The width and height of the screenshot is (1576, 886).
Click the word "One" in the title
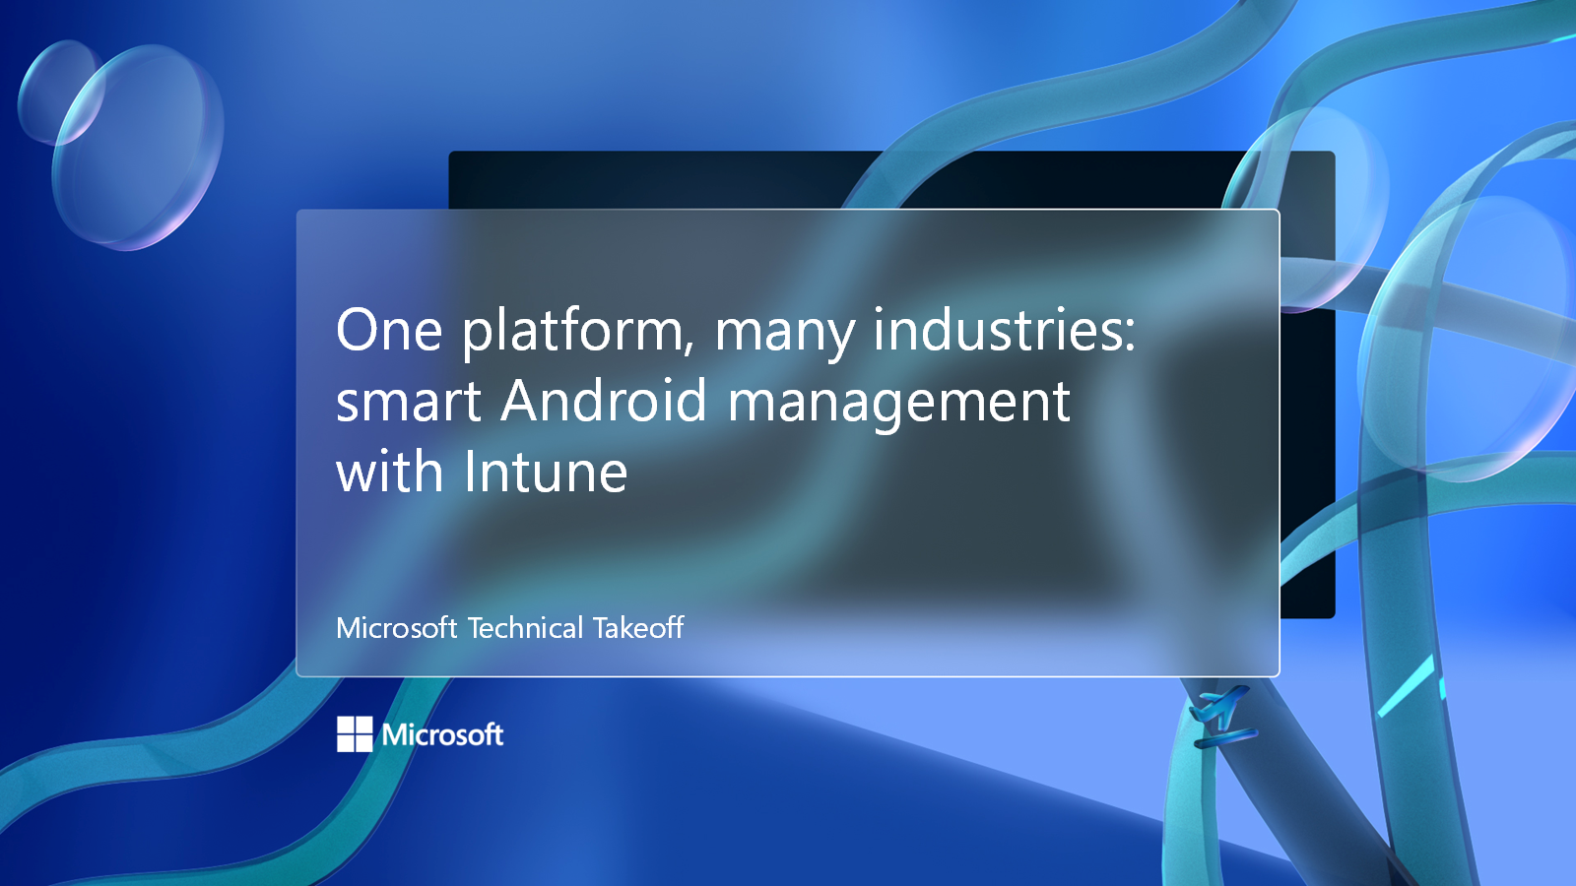[389, 330]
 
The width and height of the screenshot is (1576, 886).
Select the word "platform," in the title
[578, 332]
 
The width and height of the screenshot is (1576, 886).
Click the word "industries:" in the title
[1004, 330]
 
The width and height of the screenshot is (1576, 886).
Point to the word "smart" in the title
[409, 403]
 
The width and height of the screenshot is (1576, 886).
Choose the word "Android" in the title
[604, 401]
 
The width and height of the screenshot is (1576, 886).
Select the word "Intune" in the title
[546, 472]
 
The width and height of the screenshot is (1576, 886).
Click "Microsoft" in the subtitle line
[396, 628]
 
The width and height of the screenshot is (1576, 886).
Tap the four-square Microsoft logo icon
[355, 733]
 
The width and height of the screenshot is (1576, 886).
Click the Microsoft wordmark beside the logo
[443, 734]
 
